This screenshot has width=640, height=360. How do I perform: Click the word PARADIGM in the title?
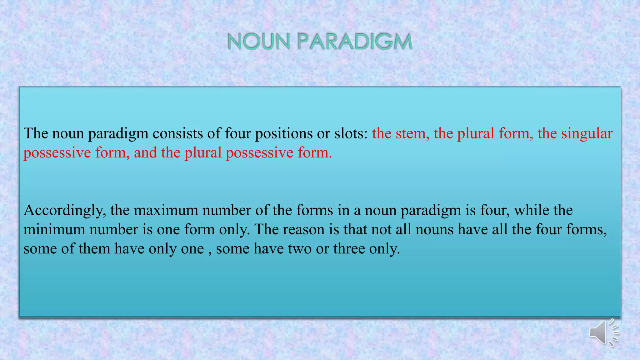[355, 42]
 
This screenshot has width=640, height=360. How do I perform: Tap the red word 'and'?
[145, 153]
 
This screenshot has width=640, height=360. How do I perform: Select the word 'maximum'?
[166, 210]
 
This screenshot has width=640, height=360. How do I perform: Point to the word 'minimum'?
[54, 230]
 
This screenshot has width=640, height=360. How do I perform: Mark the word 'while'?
[532, 210]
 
